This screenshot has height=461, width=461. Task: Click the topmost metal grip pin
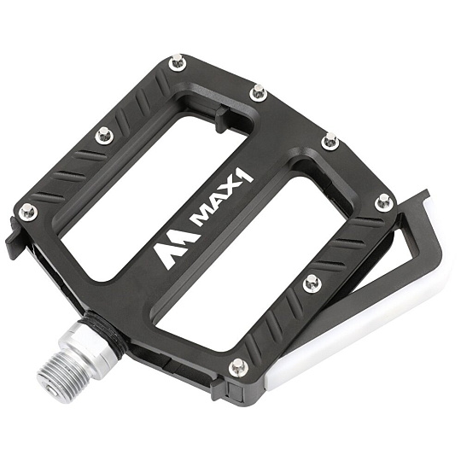177,62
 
